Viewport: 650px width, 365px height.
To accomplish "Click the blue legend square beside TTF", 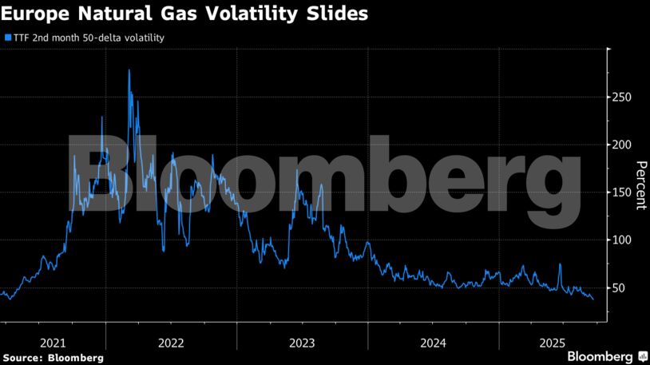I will (7, 38).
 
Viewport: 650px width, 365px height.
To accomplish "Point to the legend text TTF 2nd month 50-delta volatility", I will (89, 38).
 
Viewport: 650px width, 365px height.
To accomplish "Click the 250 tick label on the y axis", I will (622, 97).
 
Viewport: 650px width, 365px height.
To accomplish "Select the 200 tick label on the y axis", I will (622, 145).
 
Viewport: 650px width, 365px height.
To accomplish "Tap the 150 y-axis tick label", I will (622, 192).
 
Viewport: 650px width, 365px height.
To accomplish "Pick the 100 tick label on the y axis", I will (622, 240).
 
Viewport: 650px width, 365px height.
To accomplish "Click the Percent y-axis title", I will (640, 185).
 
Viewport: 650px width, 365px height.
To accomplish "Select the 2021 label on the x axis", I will (53, 343).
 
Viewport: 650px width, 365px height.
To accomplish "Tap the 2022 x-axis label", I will (171, 343).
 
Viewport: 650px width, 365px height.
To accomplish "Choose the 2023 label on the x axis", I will (302, 343).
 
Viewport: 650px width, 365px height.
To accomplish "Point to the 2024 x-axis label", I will (433, 343).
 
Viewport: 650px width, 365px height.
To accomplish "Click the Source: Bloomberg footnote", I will (53, 357).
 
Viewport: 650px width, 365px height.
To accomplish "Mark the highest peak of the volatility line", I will (129, 70).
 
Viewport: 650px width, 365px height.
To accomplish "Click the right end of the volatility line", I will (593, 299).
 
